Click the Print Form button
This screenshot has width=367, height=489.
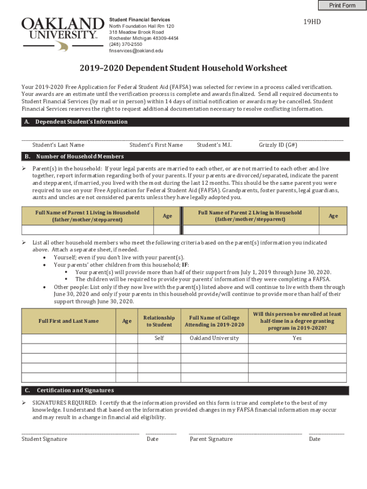[x=342, y=5]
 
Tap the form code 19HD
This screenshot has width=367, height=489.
[x=312, y=22]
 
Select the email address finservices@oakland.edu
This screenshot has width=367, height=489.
[x=136, y=51]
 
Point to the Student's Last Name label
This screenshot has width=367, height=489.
[x=58, y=145]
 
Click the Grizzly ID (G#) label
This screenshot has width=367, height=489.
[x=278, y=145]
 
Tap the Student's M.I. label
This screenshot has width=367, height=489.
[x=214, y=145]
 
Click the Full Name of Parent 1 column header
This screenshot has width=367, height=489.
[x=87, y=216]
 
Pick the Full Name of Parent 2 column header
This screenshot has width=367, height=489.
[x=250, y=216]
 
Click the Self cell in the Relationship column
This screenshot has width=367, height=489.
[x=159, y=338]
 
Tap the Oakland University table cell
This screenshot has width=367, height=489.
[x=214, y=338]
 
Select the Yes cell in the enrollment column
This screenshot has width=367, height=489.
[x=297, y=338]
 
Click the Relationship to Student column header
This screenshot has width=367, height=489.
[x=159, y=321]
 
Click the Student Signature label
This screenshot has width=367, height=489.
[x=44, y=439]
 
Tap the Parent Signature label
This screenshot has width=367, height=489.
[x=211, y=439]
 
